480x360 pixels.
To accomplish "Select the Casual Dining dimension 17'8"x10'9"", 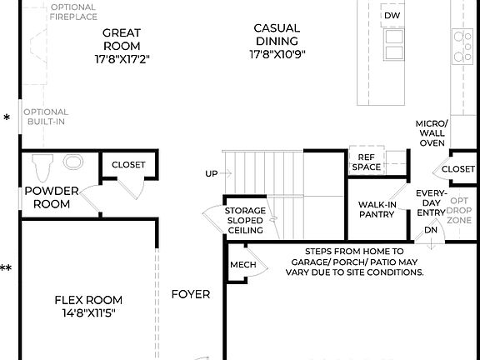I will (x=277, y=53).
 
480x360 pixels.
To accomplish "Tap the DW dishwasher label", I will (x=392, y=16).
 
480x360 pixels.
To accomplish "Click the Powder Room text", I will (x=51, y=197).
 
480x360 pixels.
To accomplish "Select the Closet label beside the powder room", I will (x=127, y=164).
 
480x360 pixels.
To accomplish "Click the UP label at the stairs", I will (x=212, y=173).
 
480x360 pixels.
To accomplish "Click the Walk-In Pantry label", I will (x=377, y=209).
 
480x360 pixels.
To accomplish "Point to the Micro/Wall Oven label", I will (x=431, y=133).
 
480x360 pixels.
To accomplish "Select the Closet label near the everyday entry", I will (x=457, y=169).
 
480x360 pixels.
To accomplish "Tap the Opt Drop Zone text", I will (x=460, y=210).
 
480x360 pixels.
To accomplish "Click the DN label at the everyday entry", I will (x=431, y=230).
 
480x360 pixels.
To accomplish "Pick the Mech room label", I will (x=242, y=266).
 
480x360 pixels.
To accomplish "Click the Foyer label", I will (x=191, y=294).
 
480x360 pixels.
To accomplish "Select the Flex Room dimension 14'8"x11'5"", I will (x=88, y=313).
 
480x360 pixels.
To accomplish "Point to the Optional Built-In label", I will (x=45, y=117).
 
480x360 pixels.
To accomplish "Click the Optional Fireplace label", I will (x=73, y=11).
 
